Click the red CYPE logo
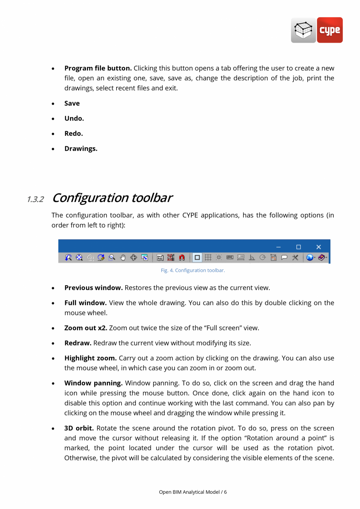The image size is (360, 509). pos(329,30)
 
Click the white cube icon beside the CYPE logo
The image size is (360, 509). pos(303,30)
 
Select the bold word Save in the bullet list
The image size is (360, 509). pos(72,103)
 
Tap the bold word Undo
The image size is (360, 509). pos(74,118)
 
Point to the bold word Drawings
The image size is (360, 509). pos(81,149)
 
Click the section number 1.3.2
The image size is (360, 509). pos(35,199)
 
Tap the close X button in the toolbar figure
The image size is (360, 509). pos(319,247)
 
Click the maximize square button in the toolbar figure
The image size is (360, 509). pos(299,247)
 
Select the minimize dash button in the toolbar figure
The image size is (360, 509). pos(278,247)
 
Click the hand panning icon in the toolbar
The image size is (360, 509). pos(123,257)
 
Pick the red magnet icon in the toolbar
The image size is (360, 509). pos(182,257)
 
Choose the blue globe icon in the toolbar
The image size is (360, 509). pos(310,257)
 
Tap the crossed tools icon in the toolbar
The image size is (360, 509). pos(295,257)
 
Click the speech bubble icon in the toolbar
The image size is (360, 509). pos(284,257)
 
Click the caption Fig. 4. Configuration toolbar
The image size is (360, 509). pos(193,271)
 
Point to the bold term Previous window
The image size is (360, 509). pos(94,288)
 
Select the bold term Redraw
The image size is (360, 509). pos(78,343)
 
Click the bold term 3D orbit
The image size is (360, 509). pos(79,428)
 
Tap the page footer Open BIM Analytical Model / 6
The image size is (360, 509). pos(193,492)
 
